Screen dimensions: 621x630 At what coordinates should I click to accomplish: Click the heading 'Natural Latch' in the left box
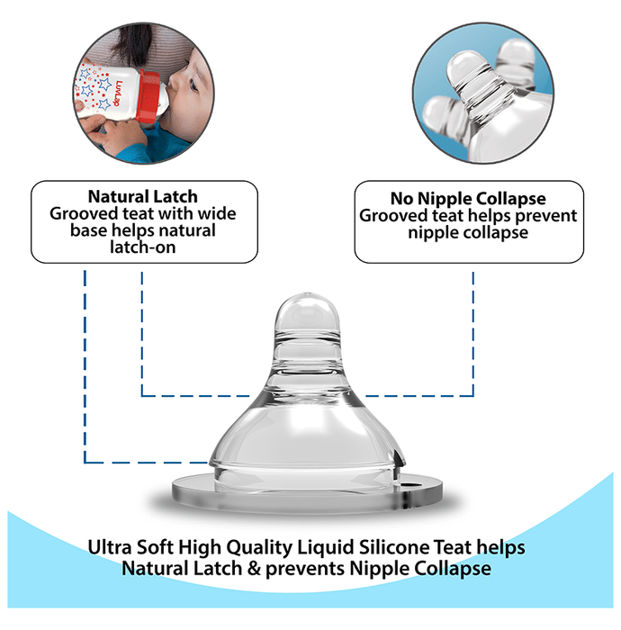[x=142, y=197]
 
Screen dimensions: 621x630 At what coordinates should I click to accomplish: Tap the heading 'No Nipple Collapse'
[x=468, y=199]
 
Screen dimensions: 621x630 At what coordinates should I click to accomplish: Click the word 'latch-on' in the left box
[x=142, y=247]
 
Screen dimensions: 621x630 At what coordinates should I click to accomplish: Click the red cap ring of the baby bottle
[x=148, y=95]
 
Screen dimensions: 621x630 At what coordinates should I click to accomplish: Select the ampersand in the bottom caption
[x=254, y=569]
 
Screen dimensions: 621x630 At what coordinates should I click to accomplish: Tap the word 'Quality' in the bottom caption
[x=259, y=548]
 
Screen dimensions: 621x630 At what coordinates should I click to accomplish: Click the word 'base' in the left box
[x=89, y=230]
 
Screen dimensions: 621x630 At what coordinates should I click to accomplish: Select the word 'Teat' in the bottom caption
[x=453, y=547]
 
